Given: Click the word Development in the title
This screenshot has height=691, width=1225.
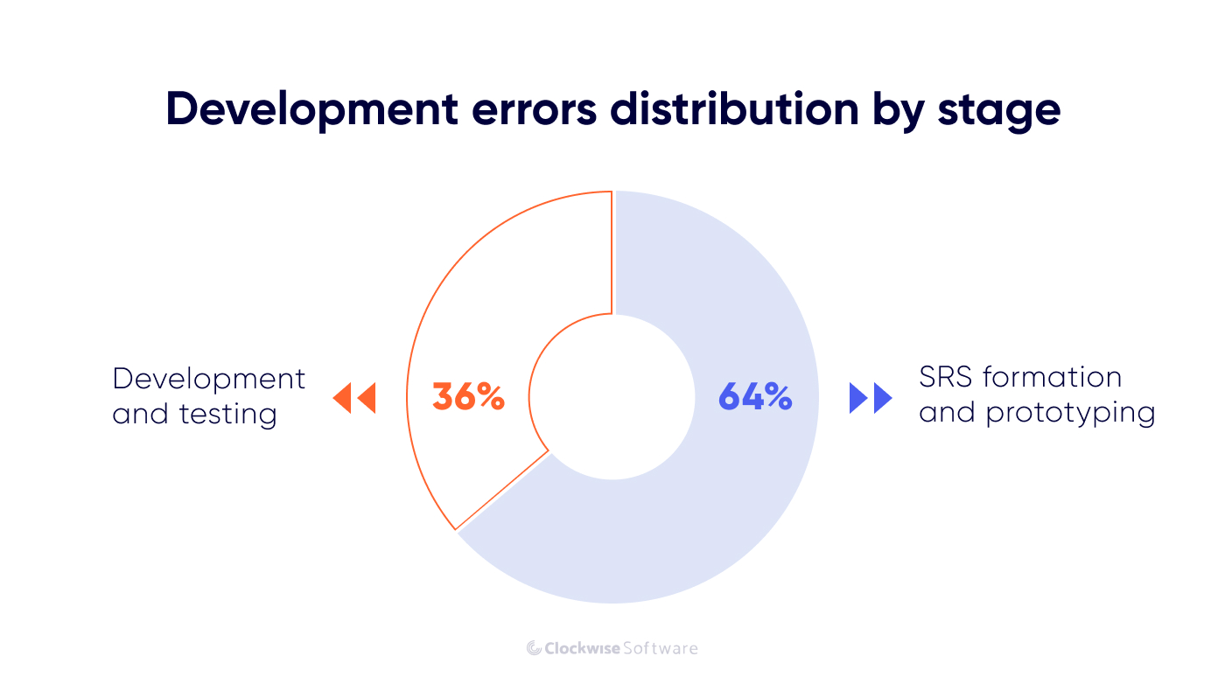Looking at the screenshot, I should tap(310, 110).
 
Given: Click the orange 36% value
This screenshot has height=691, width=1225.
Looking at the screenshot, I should tap(468, 397).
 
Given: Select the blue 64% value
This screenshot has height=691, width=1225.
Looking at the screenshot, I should tap(755, 397).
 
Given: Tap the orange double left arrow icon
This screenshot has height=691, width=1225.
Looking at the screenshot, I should tap(354, 398).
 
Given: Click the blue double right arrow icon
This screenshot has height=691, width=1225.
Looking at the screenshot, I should tap(871, 398).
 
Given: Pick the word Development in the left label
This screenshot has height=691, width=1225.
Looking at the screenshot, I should tap(209, 379).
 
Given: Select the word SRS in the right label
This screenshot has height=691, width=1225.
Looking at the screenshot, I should tap(946, 377).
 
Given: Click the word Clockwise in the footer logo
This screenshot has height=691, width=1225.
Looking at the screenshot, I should tap(582, 648).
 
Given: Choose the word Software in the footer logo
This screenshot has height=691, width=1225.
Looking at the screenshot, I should tap(661, 648).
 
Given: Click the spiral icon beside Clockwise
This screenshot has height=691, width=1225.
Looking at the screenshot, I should tap(534, 648).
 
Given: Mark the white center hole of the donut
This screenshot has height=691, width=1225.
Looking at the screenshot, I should tap(612, 397).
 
